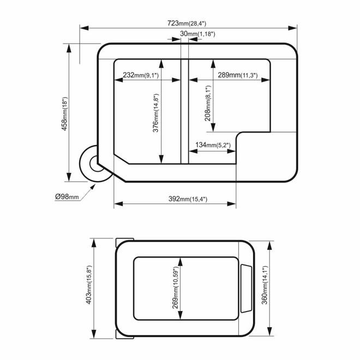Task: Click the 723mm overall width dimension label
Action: click(187, 23)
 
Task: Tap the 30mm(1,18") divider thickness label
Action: click(197, 34)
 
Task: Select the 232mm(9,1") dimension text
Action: click(141, 75)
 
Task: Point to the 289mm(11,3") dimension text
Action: click(238, 75)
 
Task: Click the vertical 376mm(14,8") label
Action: click(156, 113)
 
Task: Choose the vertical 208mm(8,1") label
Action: click(208, 103)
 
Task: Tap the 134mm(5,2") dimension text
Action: click(213, 145)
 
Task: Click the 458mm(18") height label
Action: click(65, 113)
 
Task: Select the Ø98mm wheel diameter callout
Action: click(67, 196)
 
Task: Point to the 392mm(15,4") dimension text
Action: click(188, 199)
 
